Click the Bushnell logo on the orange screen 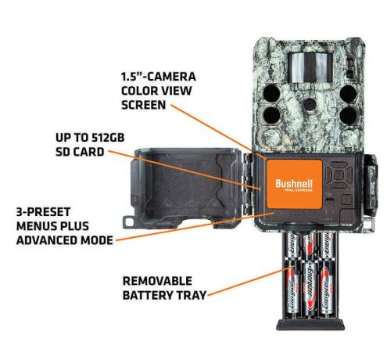tap(294, 184)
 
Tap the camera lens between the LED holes tap(310, 104)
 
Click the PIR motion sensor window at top tap(310, 67)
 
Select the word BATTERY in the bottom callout tap(147, 295)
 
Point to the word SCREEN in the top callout tap(143, 105)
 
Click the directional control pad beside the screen tap(339, 175)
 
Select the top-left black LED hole tap(271, 93)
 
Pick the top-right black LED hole tap(349, 93)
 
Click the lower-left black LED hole tap(271, 115)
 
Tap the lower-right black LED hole tap(349, 115)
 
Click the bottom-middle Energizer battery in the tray tap(310, 290)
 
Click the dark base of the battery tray tap(310, 324)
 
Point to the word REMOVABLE tap(157, 281)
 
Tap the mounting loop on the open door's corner tap(128, 221)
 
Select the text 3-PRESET tap(43, 212)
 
